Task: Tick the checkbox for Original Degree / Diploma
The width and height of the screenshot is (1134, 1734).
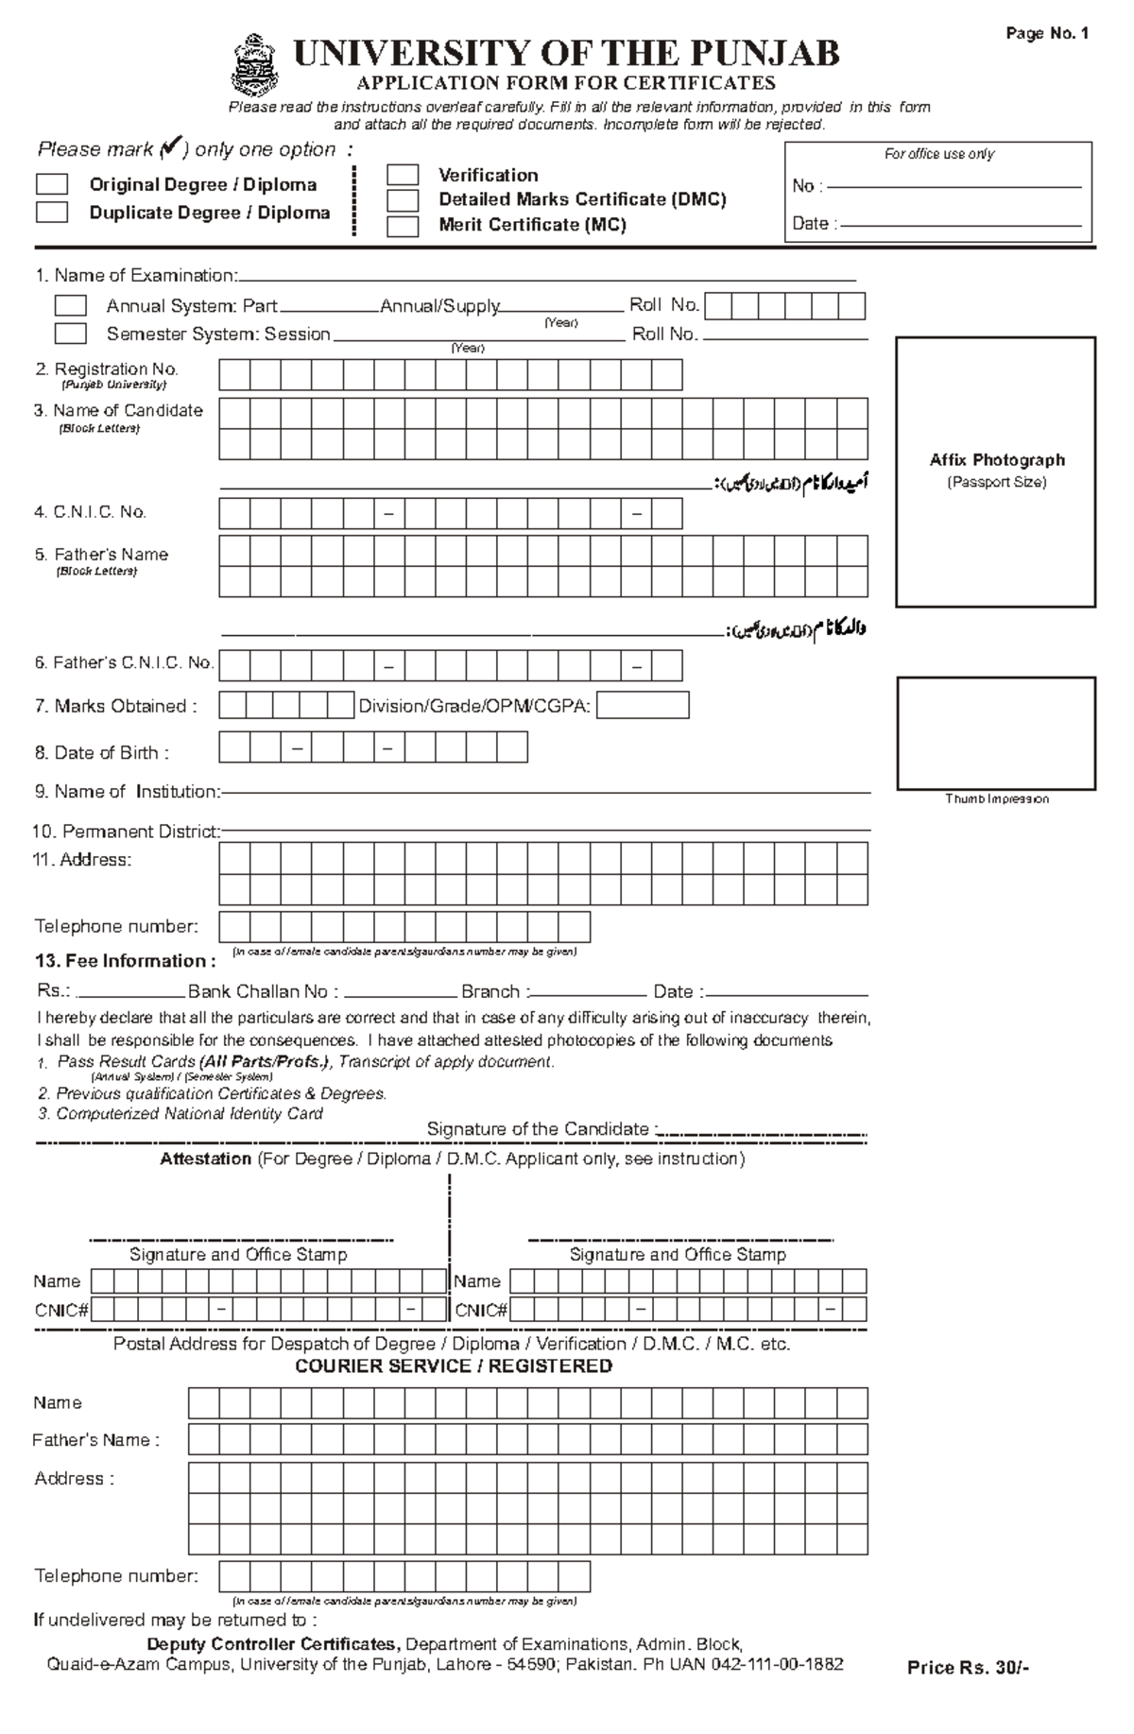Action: click(52, 184)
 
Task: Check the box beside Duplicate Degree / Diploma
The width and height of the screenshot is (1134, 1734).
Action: click(52, 212)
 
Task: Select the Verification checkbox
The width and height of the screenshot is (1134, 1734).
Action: click(403, 175)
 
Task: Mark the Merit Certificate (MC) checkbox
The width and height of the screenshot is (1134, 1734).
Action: click(403, 226)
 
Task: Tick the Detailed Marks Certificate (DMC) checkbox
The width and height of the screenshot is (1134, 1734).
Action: click(403, 199)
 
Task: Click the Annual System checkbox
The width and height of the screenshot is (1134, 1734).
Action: click(70, 306)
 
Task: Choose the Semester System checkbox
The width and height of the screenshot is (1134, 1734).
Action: click(70, 334)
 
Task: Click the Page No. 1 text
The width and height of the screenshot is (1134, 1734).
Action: click(1047, 34)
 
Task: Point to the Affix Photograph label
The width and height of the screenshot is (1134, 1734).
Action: click(996, 460)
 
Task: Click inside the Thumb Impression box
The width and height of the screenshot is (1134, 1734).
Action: click(995, 733)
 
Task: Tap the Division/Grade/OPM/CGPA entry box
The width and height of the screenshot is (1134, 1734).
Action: click(642, 706)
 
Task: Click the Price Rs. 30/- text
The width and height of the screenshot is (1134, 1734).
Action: click(968, 1668)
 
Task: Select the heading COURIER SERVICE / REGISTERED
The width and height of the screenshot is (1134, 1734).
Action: click(454, 1366)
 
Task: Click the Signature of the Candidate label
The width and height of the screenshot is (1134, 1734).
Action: click(539, 1129)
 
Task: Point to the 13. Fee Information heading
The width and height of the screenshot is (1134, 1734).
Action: click(125, 961)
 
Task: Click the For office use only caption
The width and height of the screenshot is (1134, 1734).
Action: click(938, 154)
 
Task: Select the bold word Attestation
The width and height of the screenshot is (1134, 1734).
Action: click(205, 1159)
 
